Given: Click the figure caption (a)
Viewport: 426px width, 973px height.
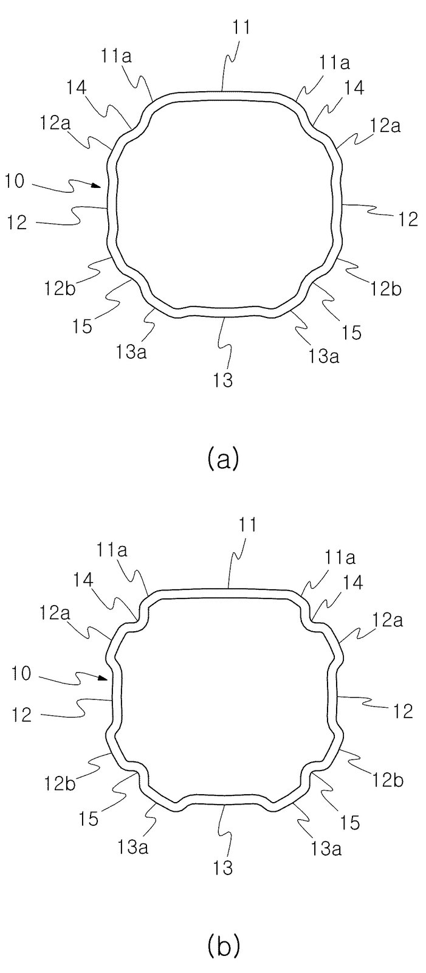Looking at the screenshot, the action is pyautogui.click(x=223, y=459).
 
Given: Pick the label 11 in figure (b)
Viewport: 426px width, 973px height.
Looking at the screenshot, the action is pyautogui.click(x=246, y=525).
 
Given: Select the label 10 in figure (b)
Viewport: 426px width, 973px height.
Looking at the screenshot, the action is pyautogui.click(x=21, y=674).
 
